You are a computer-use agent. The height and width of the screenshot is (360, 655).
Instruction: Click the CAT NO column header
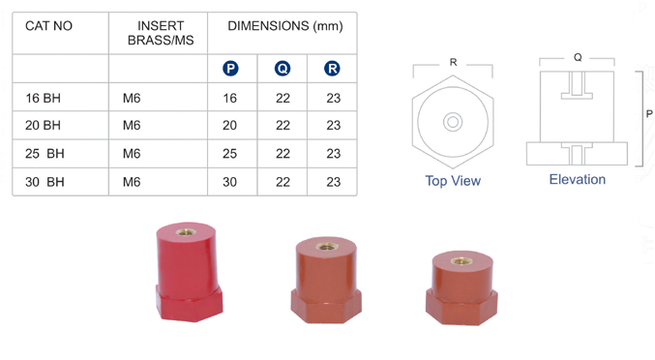tap(48, 26)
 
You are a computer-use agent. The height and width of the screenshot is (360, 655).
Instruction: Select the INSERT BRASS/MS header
tap(161, 33)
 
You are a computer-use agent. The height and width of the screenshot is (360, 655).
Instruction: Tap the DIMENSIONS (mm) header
tap(285, 26)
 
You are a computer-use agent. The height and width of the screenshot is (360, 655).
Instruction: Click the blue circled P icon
tap(230, 69)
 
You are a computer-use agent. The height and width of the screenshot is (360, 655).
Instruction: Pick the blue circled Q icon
tap(283, 69)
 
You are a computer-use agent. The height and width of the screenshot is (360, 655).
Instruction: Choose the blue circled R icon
tap(332, 69)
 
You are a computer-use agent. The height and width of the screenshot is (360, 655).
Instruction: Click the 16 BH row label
tap(43, 98)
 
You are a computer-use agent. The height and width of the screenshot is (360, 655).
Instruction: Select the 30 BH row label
tap(45, 182)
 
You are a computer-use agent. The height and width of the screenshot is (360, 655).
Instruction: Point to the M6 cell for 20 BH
tap(132, 125)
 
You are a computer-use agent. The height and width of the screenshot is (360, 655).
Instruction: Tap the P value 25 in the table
tap(229, 154)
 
